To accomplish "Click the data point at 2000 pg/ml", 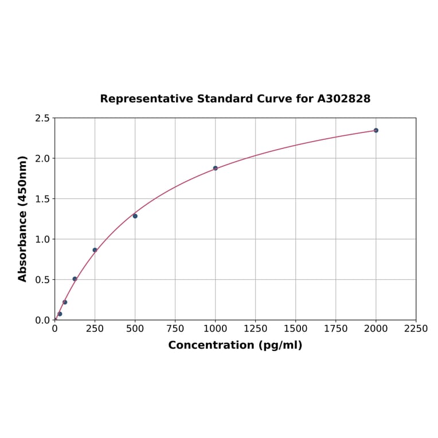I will pyautogui.click(x=376, y=130).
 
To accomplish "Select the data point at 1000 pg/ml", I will pyautogui.click(x=216, y=168).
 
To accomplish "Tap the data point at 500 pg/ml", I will pyautogui.click(x=135, y=216).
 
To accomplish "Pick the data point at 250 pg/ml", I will pyautogui.click(x=95, y=250).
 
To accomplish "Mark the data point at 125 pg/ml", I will pyautogui.click(x=75, y=279).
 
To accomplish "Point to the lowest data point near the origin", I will pyautogui.click(x=60, y=314).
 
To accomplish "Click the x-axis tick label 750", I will pyautogui.click(x=175, y=329).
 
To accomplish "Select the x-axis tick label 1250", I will pyautogui.click(x=256, y=329).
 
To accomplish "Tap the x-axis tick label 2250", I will pyautogui.click(x=416, y=329).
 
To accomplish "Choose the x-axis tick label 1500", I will pyautogui.click(x=296, y=329).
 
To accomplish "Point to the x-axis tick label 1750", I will pyautogui.click(x=336, y=329).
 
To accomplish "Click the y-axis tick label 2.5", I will pyautogui.click(x=42, y=118).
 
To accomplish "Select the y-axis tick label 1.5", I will pyautogui.click(x=42, y=199).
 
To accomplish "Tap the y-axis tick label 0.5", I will pyautogui.click(x=42, y=280).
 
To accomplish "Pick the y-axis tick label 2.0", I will pyautogui.click(x=42, y=158).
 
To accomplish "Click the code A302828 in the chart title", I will pyautogui.click(x=344, y=99).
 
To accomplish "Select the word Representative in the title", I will pyautogui.click(x=146, y=99).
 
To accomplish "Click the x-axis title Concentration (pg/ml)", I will pyautogui.click(x=235, y=345).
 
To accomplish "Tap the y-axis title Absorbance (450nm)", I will pyautogui.click(x=23, y=218).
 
